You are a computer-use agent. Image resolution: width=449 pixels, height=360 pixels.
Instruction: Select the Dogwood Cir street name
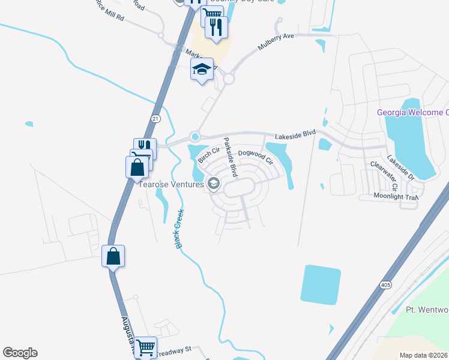(255, 158)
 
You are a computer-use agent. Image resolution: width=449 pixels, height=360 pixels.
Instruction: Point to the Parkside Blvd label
(230, 158)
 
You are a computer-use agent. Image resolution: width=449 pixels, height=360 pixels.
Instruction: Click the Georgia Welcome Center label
(412, 113)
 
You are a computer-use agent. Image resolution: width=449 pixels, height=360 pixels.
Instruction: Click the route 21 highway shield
(155, 118)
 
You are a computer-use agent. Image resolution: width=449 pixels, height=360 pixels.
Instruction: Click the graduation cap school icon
(202, 70)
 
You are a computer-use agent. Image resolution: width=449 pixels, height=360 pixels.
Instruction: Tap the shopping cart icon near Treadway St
(146, 346)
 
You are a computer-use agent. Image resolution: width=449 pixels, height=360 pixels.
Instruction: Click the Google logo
(20, 353)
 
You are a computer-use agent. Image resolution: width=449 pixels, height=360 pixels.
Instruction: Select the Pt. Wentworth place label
(427, 310)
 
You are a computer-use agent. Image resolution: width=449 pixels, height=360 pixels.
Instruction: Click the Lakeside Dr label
(400, 167)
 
